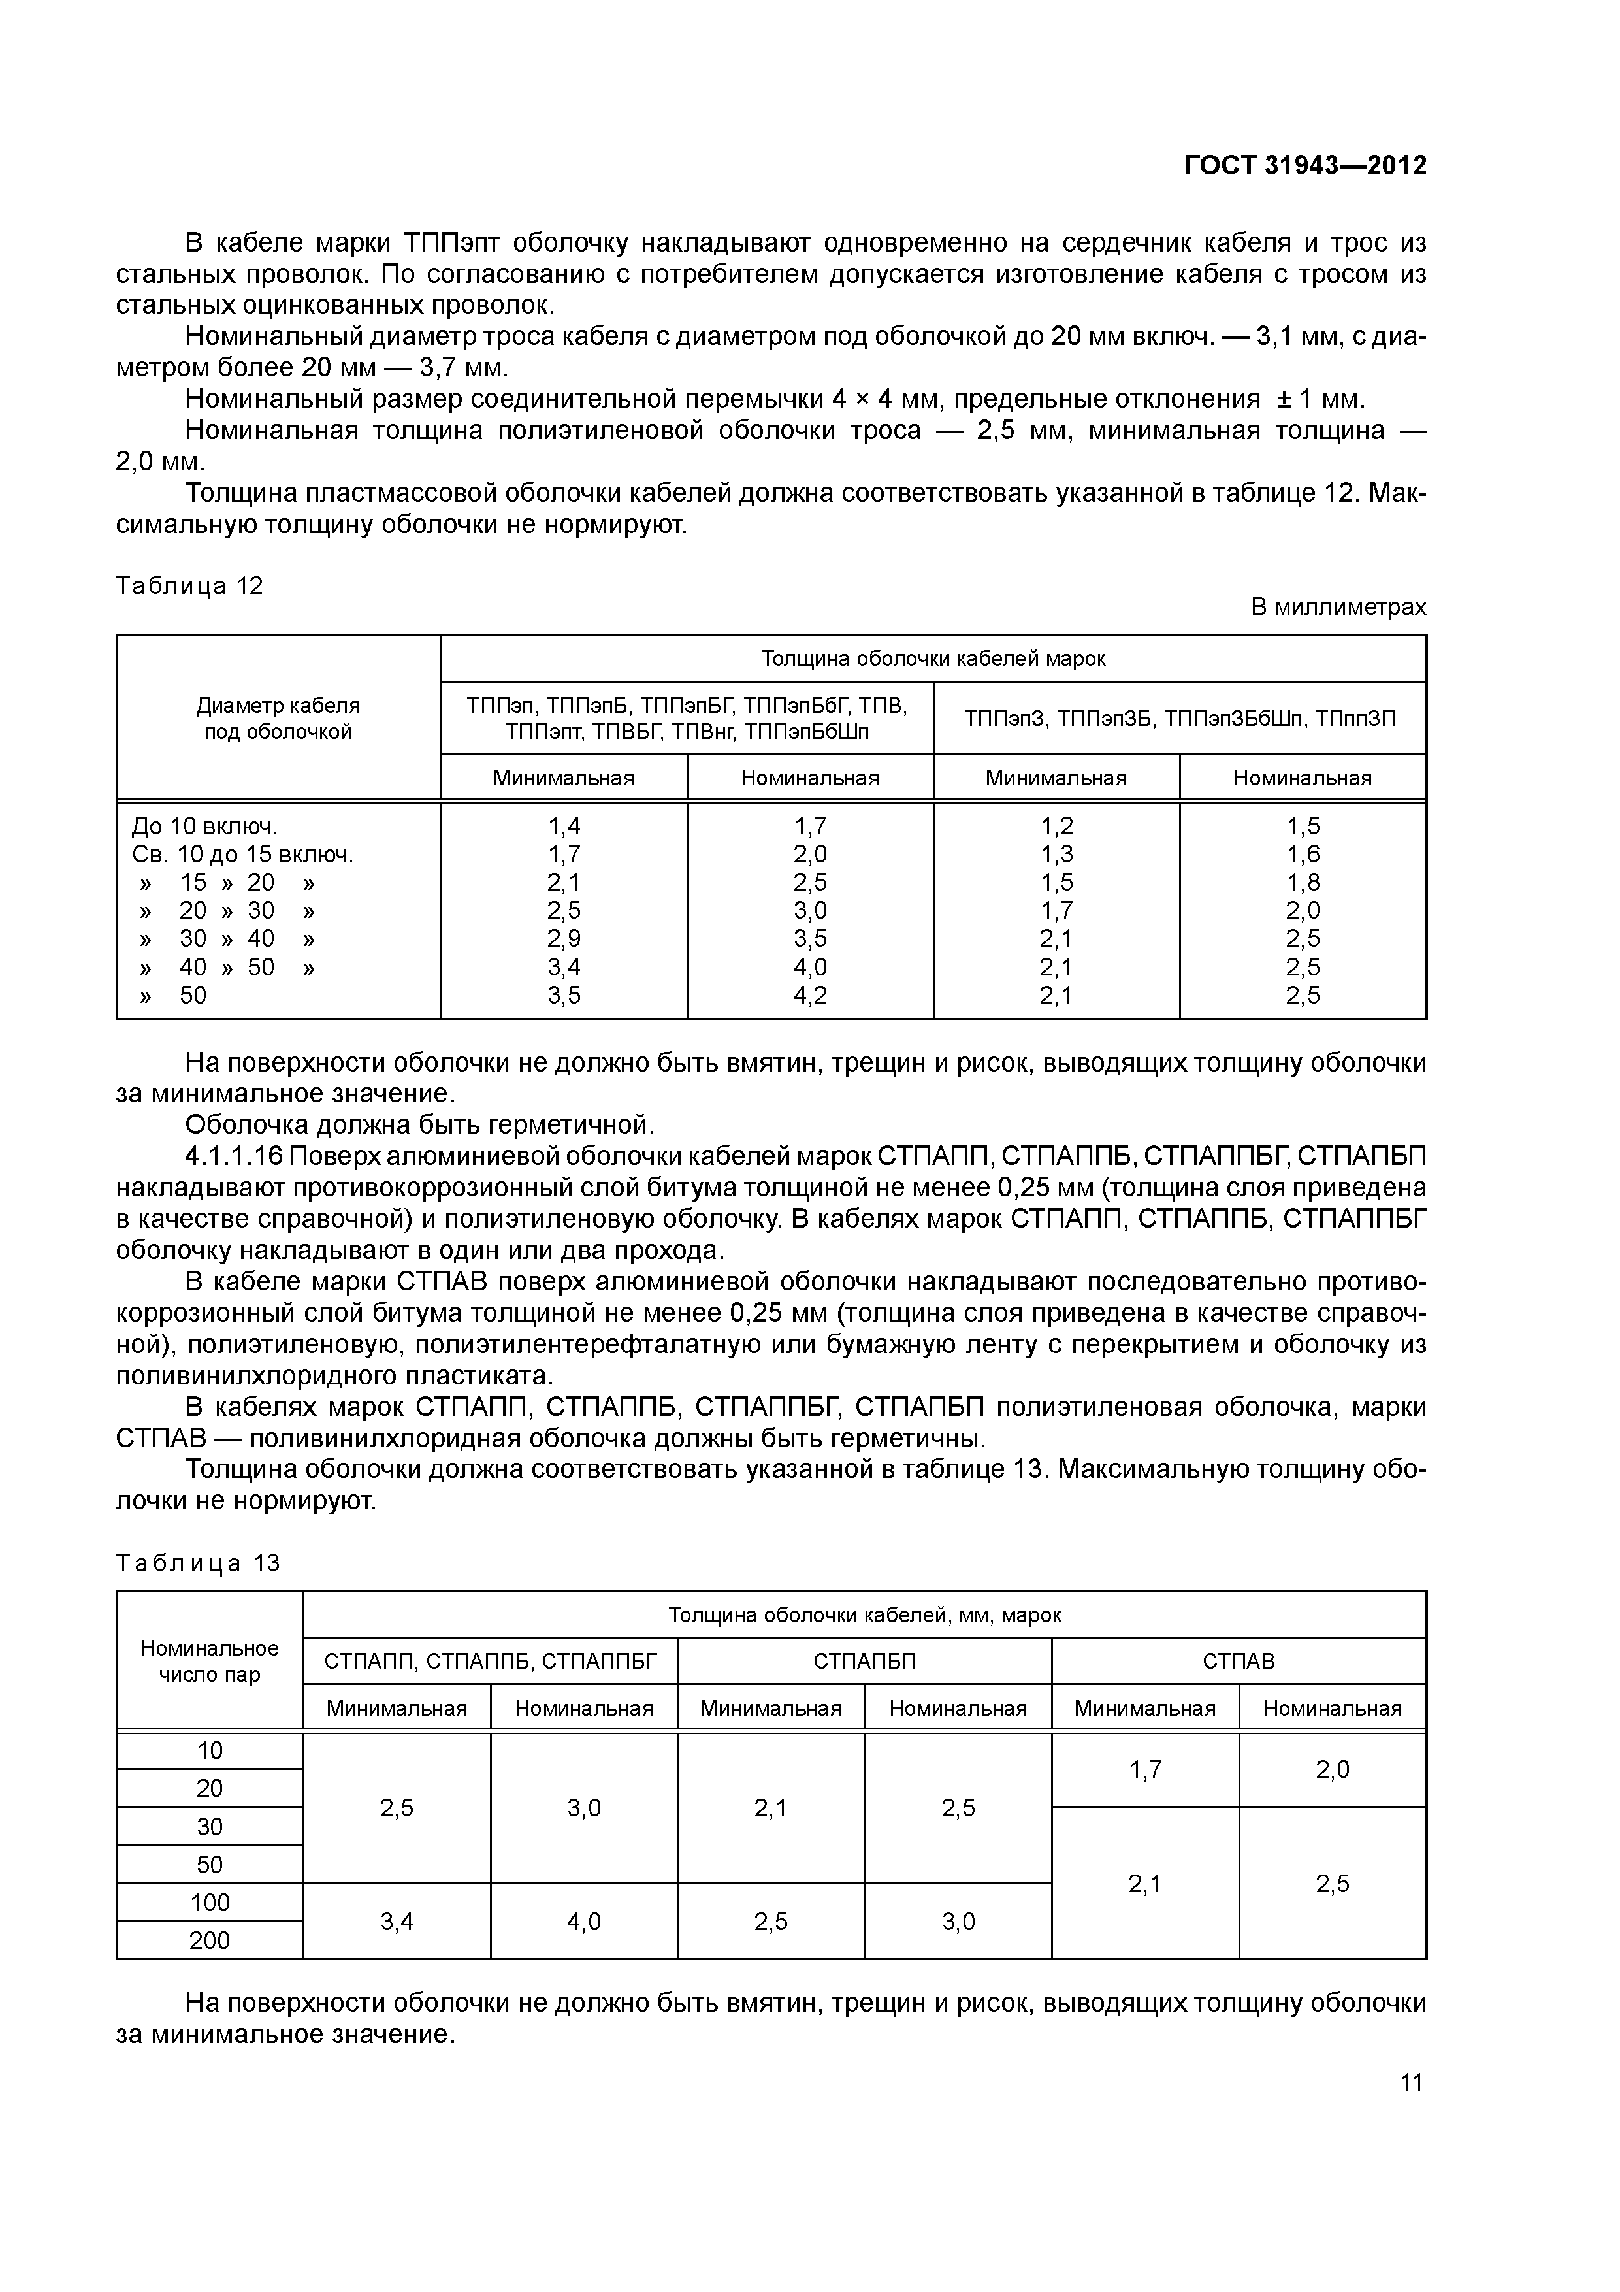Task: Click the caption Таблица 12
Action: click(189, 586)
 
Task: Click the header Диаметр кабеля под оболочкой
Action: click(278, 719)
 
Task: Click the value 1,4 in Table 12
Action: click(564, 827)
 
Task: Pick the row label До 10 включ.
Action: click(204, 827)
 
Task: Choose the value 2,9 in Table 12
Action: click(564, 938)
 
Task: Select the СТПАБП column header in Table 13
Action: click(864, 1661)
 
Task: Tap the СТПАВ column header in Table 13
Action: click(1238, 1661)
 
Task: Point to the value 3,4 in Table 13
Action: click(397, 1922)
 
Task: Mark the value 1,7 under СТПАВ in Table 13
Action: click(1145, 1770)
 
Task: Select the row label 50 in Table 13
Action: click(210, 1865)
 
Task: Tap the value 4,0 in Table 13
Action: click(584, 1922)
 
